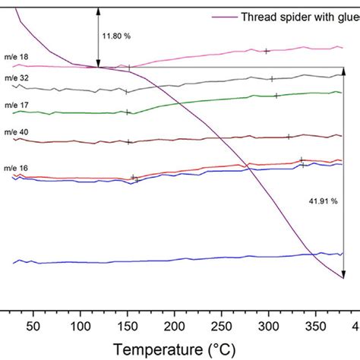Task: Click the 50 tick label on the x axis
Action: [33, 326]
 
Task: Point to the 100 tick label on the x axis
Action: [80, 326]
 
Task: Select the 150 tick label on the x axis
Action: [127, 326]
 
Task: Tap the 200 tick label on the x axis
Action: [174, 326]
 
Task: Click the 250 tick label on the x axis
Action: [221, 326]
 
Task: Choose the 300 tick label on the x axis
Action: [268, 326]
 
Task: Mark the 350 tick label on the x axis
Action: [315, 326]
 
